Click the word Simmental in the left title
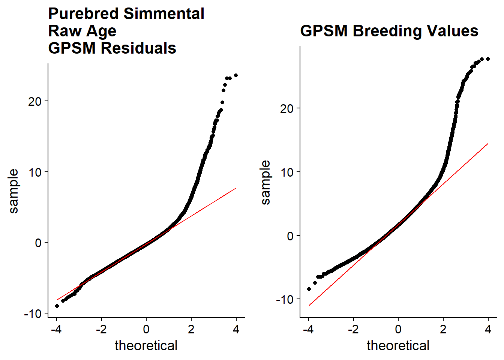pos(164,14)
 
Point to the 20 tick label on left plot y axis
pos(35,101)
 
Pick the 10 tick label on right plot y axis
pos(287,172)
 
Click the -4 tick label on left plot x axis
pos(56,329)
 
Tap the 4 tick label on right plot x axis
pos(488,329)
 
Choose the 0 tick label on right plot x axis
pos(398,329)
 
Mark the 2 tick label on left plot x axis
pos(191,329)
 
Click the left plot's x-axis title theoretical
pos(146,346)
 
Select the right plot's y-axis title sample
pos(265,183)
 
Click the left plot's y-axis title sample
pos(13,191)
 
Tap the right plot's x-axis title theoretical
pos(398,346)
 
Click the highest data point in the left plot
pos(236,75)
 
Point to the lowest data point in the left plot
pos(57,306)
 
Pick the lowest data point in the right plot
pos(309,289)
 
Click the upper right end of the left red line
pos(236,188)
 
